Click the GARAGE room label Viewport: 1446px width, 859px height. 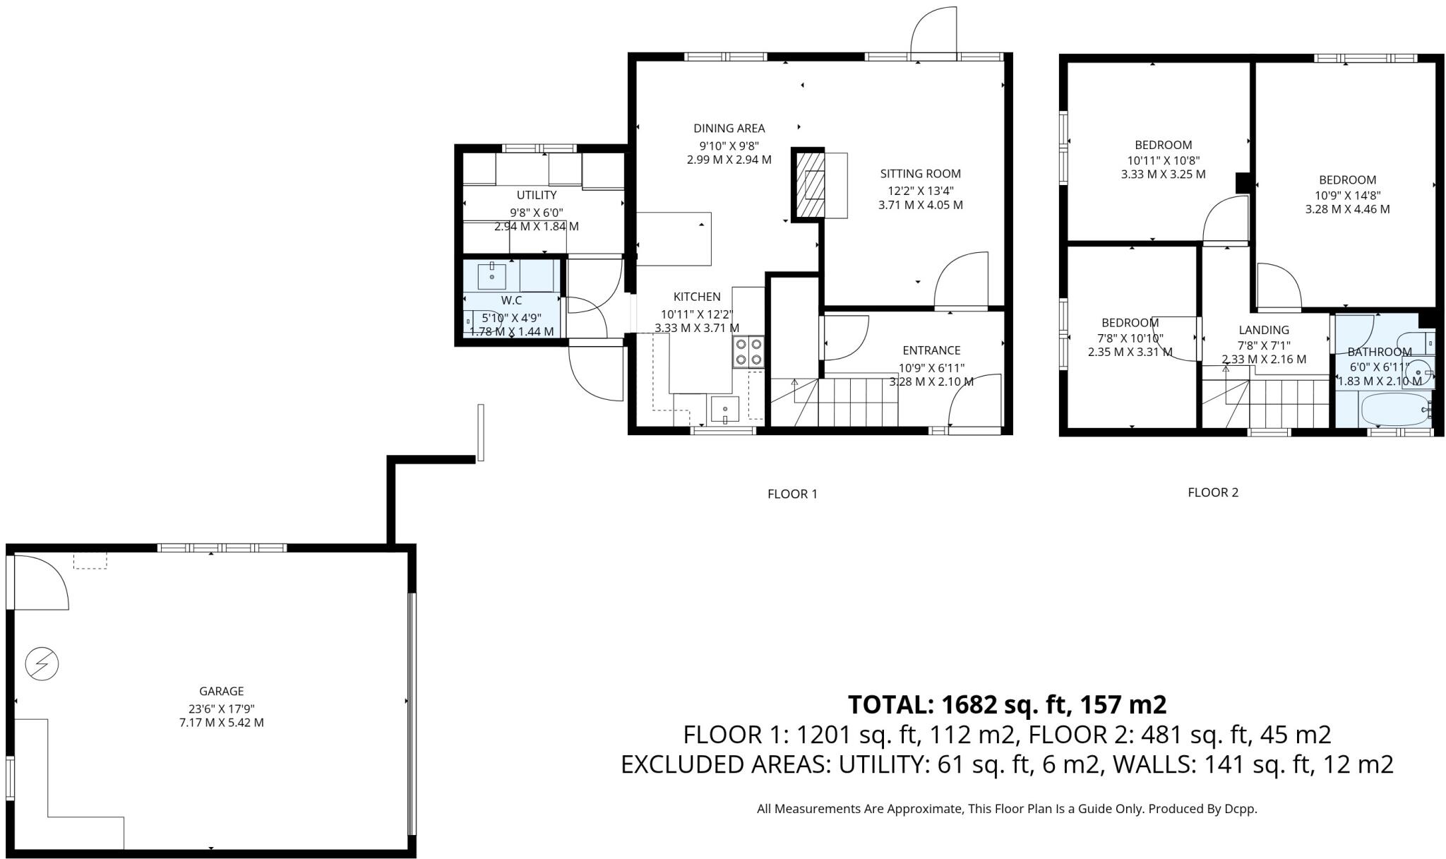point(221,692)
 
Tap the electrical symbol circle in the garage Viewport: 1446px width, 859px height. point(42,664)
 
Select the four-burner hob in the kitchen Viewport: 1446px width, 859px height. point(748,352)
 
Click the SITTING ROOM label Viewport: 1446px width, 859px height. point(920,174)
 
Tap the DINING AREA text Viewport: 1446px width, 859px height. point(729,129)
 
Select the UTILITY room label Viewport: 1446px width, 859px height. point(537,195)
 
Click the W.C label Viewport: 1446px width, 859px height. point(511,301)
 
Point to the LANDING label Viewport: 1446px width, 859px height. point(1263,330)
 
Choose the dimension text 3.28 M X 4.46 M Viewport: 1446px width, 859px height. point(1346,209)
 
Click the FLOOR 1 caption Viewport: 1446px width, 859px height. point(791,494)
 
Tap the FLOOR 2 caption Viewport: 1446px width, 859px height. point(1212,492)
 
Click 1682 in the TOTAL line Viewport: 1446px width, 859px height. point(972,704)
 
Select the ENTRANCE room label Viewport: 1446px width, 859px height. point(931,350)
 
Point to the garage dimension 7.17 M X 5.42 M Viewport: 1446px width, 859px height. point(221,723)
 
